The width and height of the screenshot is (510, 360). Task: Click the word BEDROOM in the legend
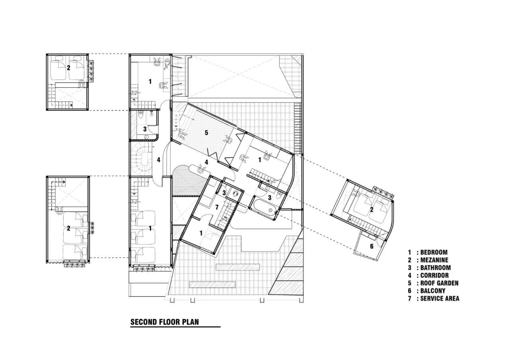433,252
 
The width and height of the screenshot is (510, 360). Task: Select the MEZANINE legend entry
434,260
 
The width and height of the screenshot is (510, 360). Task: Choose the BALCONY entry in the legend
433,291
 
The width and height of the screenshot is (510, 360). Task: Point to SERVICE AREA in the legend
439,298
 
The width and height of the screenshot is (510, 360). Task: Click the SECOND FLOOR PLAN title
165,322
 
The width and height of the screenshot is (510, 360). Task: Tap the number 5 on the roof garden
206,133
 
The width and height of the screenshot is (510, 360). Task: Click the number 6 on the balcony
372,247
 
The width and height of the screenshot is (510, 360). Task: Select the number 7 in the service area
217,207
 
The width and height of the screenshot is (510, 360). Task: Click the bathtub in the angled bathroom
264,209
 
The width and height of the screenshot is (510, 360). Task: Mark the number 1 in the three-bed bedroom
150,228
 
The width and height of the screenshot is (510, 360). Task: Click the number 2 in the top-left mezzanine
69,68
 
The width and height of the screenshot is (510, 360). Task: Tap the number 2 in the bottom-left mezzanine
69,228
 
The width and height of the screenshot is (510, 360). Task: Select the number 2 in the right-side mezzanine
371,209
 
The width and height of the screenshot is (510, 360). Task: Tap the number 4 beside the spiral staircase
158,160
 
